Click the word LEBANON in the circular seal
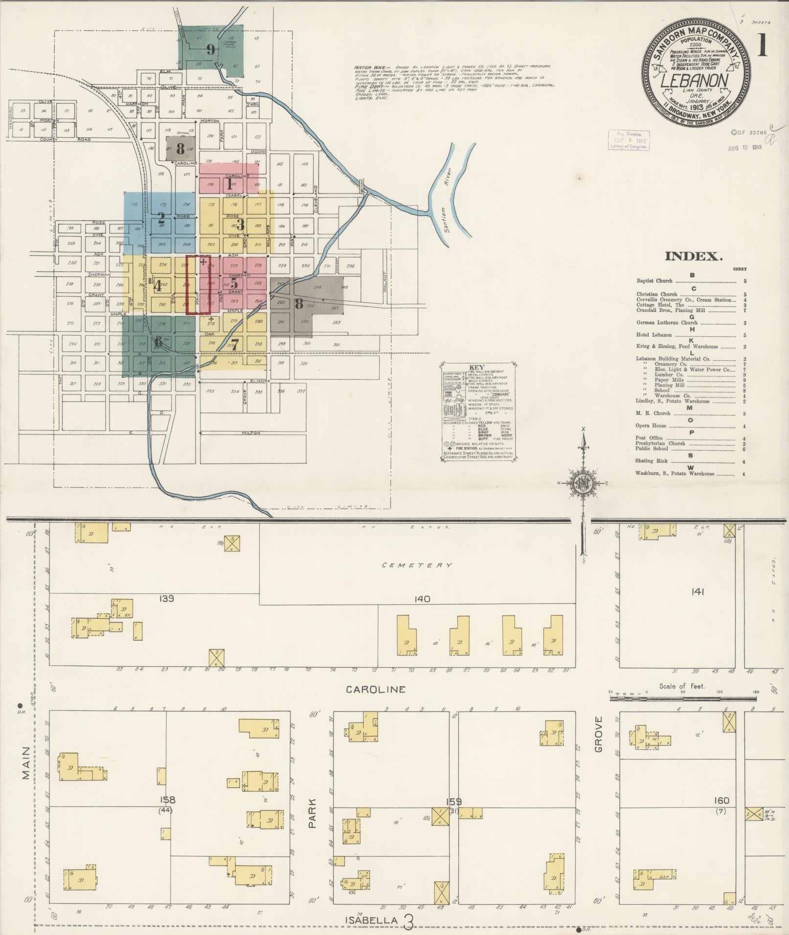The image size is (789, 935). (x=695, y=80)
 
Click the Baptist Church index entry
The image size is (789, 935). (x=654, y=281)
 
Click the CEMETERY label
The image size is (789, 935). (x=417, y=565)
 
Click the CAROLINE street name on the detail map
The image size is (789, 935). (x=375, y=690)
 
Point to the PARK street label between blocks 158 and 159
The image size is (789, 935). (x=313, y=813)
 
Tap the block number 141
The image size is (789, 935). (x=698, y=592)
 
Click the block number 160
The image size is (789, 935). (x=721, y=801)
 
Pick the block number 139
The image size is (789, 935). (x=166, y=598)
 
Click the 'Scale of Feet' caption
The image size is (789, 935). (x=682, y=686)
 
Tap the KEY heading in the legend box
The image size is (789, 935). (x=476, y=367)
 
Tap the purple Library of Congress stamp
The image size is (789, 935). (x=629, y=140)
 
